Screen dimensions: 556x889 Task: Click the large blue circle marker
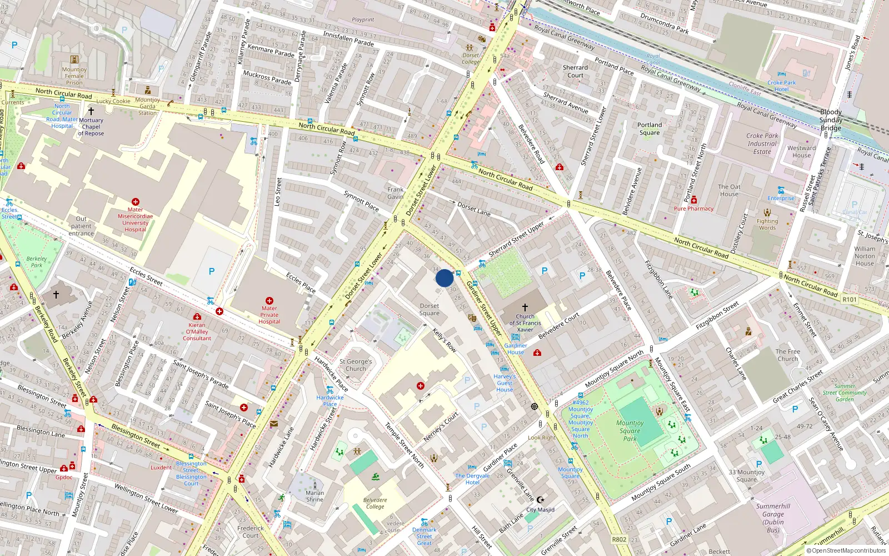[x=444, y=278]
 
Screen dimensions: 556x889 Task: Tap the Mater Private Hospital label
[x=269, y=315]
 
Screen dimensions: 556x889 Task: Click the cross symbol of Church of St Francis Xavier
[x=525, y=307]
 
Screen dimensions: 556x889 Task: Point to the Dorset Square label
[x=429, y=310]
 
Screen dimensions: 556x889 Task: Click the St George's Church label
[x=356, y=365]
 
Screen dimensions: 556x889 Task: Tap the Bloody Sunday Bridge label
[x=831, y=120]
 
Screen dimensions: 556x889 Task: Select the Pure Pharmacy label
[x=693, y=209]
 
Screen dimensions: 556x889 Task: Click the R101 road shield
[x=850, y=300]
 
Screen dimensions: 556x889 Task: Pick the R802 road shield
[x=619, y=539]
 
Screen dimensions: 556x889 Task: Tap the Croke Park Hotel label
[x=781, y=86]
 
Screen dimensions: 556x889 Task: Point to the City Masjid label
[x=540, y=509]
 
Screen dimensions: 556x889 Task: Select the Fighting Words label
[x=767, y=224]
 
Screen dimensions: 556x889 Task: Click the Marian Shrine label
[x=314, y=496]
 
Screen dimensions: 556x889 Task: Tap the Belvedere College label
[x=374, y=503]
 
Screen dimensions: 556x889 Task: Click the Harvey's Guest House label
[x=505, y=383]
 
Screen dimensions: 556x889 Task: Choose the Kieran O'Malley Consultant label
[x=197, y=331]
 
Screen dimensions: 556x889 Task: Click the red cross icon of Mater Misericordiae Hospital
[x=135, y=202]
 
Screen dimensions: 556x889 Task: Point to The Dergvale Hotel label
[x=472, y=479]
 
